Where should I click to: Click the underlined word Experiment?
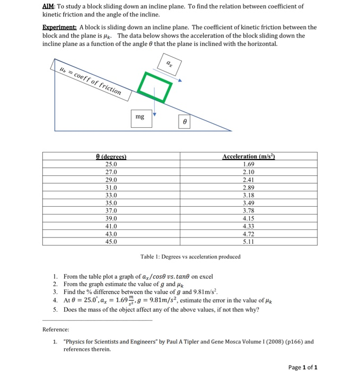[59, 26]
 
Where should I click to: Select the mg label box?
[140, 117]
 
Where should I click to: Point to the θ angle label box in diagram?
[184, 121]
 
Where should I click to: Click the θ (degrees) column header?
[111, 157]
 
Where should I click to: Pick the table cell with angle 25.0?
[111, 164]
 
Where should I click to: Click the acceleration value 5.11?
[248, 241]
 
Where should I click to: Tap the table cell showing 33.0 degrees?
[111, 195]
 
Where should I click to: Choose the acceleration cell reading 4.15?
[248, 218]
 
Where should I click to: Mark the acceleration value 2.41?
[248, 179]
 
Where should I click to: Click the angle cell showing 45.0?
[111, 241]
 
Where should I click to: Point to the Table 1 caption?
[190, 257]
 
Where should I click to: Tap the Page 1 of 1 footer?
[303, 367]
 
